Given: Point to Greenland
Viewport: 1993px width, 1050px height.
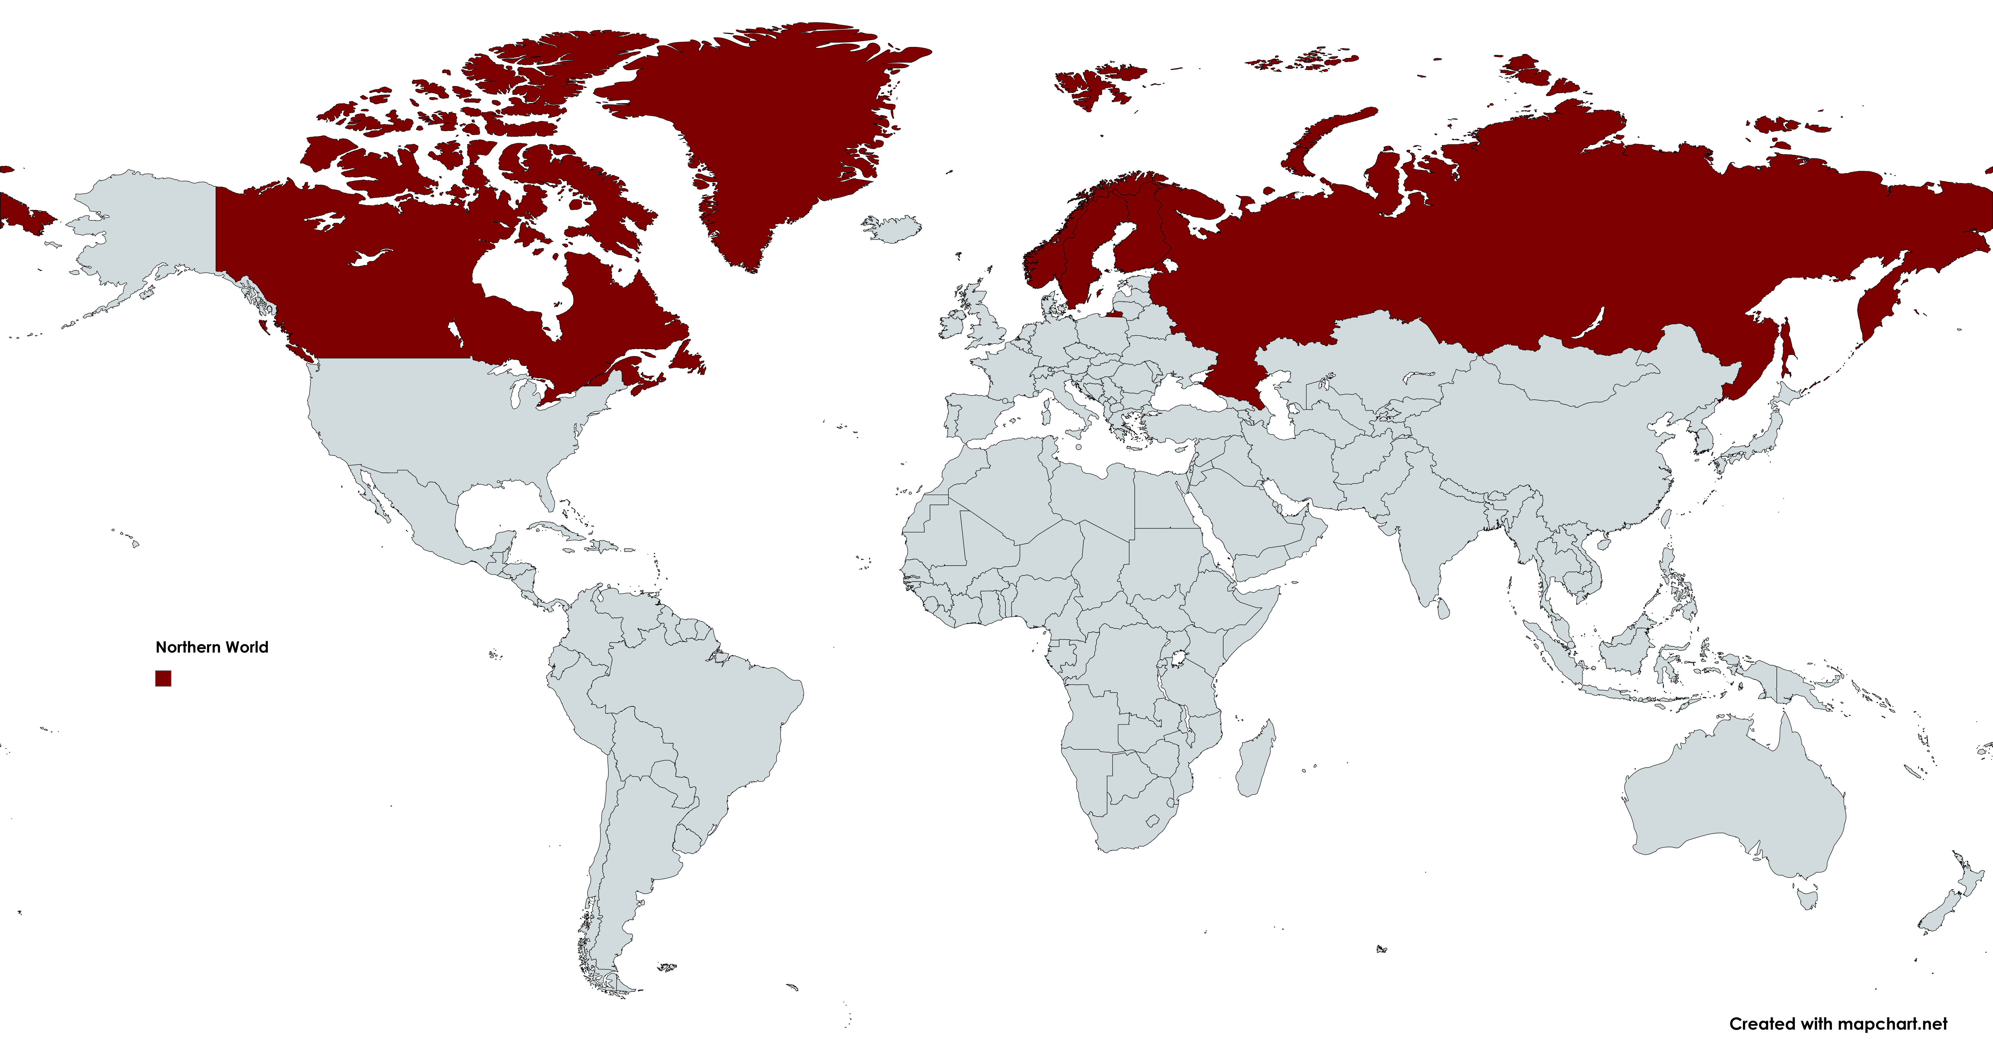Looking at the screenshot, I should (x=766, y=124).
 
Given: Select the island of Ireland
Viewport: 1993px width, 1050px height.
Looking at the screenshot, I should (x=952, y=325).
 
